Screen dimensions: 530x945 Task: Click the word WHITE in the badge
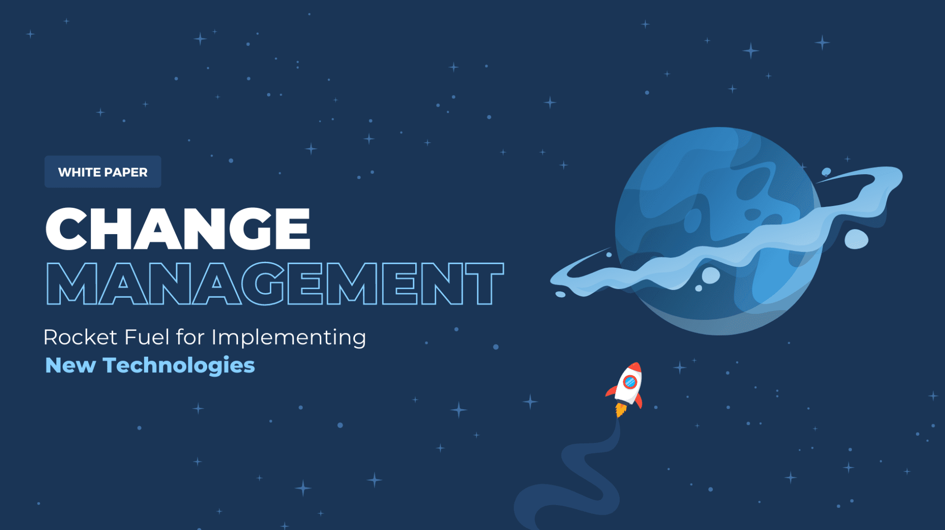tap(76, 172)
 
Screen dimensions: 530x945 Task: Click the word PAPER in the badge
tap(126, 172)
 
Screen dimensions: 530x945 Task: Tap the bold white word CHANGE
tap(178, 229)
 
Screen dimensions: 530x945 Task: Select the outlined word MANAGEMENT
tap(275, 283)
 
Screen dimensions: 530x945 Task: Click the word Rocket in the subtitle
tap(80, 337)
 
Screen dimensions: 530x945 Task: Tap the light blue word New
tap(70, 365)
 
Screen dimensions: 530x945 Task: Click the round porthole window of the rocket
tap(630, 382)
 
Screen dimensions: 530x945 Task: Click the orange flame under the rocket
tap(620, 410)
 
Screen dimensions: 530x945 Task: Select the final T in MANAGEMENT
tap(484, 283)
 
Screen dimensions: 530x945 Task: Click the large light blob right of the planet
tap(856, 239)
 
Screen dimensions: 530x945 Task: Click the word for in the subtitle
tap(190, 337)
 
